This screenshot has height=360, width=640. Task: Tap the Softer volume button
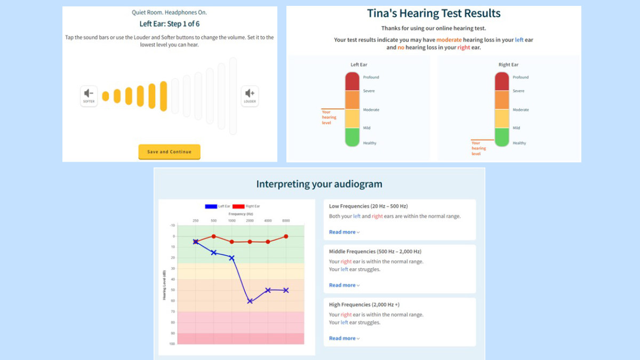tap(89, 95)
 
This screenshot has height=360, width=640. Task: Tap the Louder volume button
tap(250, 95)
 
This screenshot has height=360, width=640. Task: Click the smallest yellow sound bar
tap(106, 96)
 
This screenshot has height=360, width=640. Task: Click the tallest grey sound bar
tap(233, 96)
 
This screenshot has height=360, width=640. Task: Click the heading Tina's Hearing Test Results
tap(434, 13)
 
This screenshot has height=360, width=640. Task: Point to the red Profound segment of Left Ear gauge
tap(352, 81)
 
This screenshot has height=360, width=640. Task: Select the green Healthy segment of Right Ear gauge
tap(502, 137)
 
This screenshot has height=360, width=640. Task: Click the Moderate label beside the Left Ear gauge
tap(371, 110)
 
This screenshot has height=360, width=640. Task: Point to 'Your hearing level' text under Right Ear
tap(478, 148)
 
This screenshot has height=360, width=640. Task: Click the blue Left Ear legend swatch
tap(211, 206)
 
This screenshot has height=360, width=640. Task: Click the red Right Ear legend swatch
tap(238, 206)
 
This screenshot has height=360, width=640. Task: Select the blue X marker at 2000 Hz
tap(250, 301)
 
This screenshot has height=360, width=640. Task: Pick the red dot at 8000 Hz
tap(286, 236)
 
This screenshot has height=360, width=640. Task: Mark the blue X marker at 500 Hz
tap(213, 252)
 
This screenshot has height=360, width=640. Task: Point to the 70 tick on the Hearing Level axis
tap(172, 311)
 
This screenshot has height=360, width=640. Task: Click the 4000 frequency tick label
tap(268, 220)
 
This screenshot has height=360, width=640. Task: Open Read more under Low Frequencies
tap(344, 232)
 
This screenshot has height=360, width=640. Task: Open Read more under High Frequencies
tap(344, 338)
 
